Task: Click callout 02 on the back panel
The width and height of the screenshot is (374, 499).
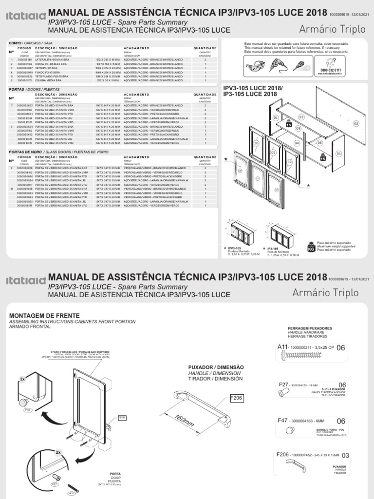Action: tap(356, 124)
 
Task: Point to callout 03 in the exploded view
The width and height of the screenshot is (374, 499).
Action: tap(301, 117)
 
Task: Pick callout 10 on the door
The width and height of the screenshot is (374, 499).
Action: tap(256, 143)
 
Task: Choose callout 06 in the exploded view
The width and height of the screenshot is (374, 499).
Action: tap(319, 142)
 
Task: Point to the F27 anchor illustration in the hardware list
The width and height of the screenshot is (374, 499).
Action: tap(281, 394)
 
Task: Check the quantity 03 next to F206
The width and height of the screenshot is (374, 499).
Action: tap(345, 455)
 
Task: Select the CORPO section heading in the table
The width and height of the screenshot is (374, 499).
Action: tap(16, 43)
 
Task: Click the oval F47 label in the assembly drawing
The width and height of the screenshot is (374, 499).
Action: tap(27, 410)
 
